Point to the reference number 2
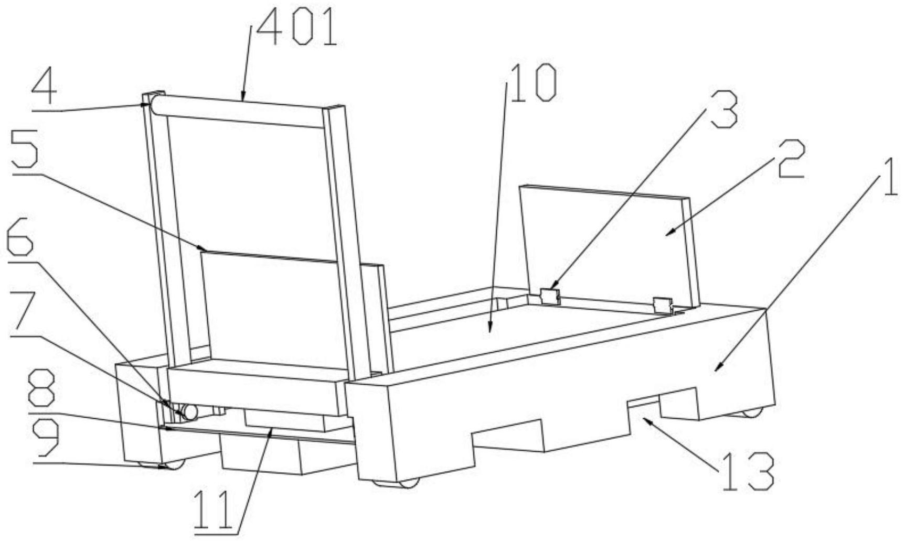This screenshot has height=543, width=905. (x=790, y=159)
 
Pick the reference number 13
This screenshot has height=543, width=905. (x=748, y=472)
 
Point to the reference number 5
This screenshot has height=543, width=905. (x=25, y=157)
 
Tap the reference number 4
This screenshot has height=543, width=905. (x=44, y=91)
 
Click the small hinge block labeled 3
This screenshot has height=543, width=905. (x=549, y=296)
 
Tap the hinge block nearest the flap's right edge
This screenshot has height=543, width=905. (x=663, y=305)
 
